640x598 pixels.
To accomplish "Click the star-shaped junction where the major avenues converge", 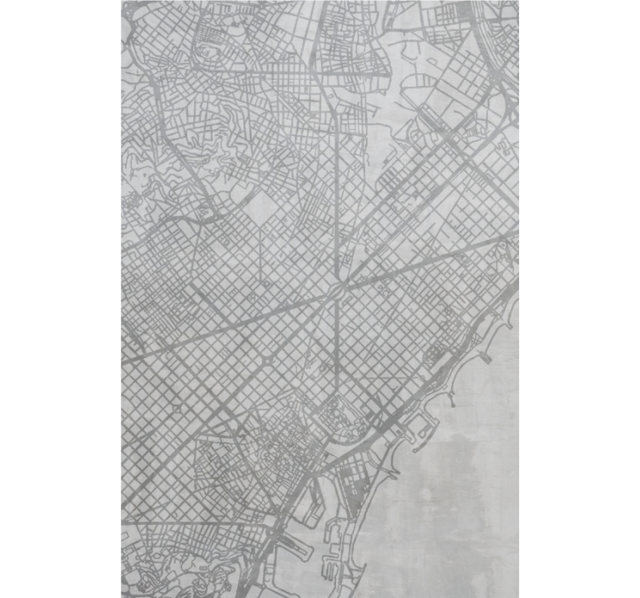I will pos(338,292).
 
